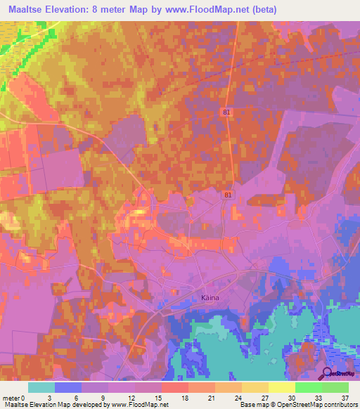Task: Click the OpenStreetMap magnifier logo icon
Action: pos(326,373)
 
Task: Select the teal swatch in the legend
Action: pos(41,387)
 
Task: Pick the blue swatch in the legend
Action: pos(67,387)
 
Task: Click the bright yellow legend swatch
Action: pos(281,387)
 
